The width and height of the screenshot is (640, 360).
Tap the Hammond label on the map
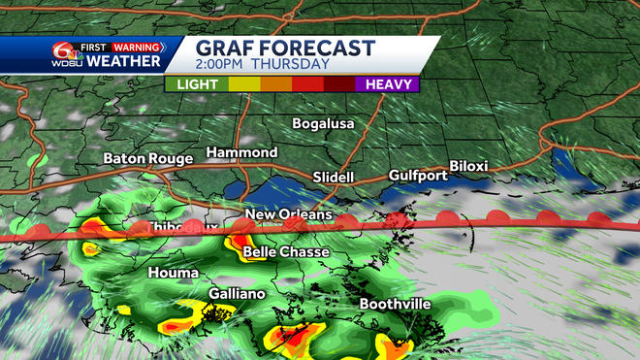pyautogui.click(x=241, y=153)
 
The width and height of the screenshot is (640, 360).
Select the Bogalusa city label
pyautogui.click(x=324, y=124)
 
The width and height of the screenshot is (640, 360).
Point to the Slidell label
pyautogui.click(x=334, y=178)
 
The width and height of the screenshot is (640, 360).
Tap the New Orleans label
pyautogui.click(x=288, y=214)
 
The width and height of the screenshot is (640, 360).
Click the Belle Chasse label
pyautogui.click(x=286, y=252)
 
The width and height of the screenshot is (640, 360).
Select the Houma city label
pyautogui.click(x=173, y=273)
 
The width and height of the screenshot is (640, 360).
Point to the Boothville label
pyautogui.click(x=395, y=304)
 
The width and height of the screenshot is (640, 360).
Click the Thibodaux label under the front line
pyautogui.click(x=175, y=227)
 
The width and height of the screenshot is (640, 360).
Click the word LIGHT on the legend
pyautogui.click(x=197, y=84)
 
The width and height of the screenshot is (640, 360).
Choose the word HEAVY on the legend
pyautogui.click(x=391, y=84)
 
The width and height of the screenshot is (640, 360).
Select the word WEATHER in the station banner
pyautogui.click(x=124, y=62)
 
